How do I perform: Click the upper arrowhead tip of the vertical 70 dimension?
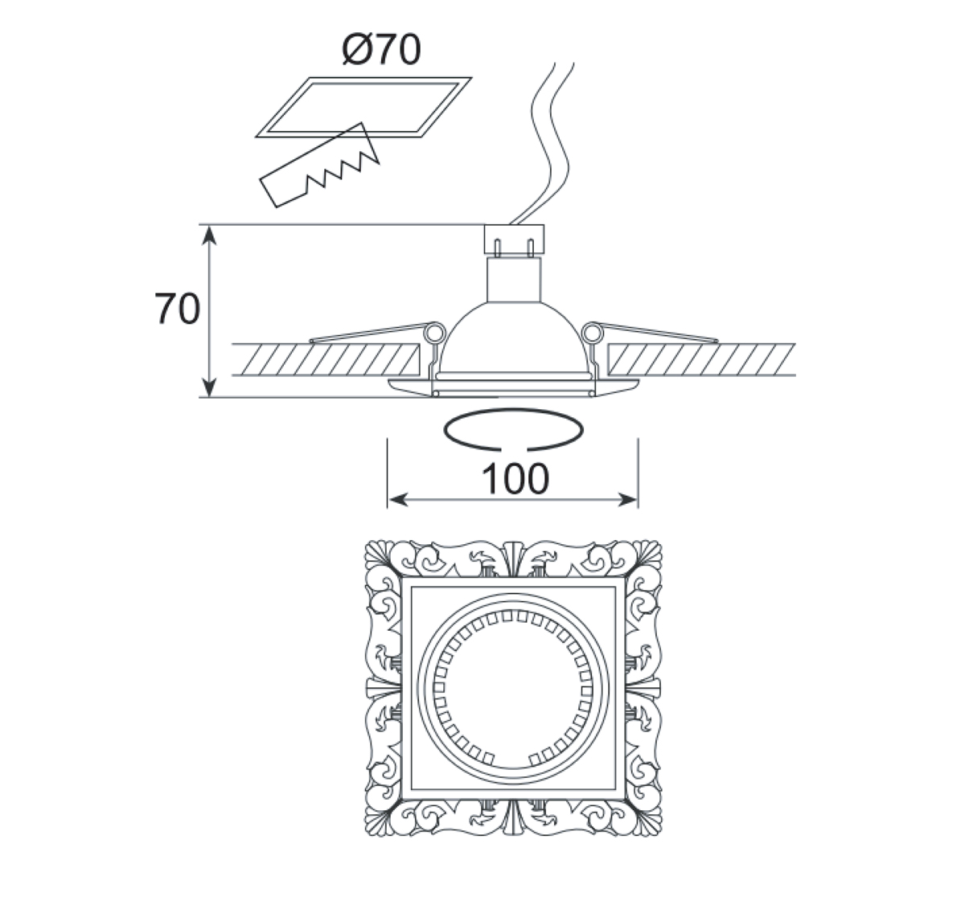pyautogui.click(x=210, y=226)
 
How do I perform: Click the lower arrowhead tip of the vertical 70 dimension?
pyautogui.click(x=210, y=397)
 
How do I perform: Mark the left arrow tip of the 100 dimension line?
pyautogui.click(x=388, y=500)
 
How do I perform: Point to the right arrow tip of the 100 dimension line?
pyautogui.click(x=637, y=500)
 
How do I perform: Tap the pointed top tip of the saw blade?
pyautogui.click(x=361, y=123)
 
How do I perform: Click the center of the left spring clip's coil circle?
pyautogui.click(x=434, y=334)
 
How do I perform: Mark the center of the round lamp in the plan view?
pyautogui.click(x=513, y=688)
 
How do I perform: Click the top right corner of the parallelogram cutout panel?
pyautogui.click(x=471, y=77)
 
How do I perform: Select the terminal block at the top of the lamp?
pyautogui.click(x=514, y=239)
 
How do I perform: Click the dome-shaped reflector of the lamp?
pyautogui.click(x=513, y=338)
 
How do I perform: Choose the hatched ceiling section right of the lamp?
pyautogui.click(x=701, y=359)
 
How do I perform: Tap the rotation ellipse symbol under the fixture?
pyautogui.click(x=513, y=429)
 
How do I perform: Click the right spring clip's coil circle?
pyautogui.click(x=593, y=334)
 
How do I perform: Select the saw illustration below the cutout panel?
pyautogui.click(x=319, y=165)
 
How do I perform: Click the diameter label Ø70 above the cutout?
pyautogui.click(x=381, y=49)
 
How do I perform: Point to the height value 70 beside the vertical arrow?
pyautogui.click(x=177, y=309)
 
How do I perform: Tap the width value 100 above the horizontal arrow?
pyautogui.click(x=515, y=478)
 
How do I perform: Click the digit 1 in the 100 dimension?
pyautogui.click(x=491, y=478)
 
